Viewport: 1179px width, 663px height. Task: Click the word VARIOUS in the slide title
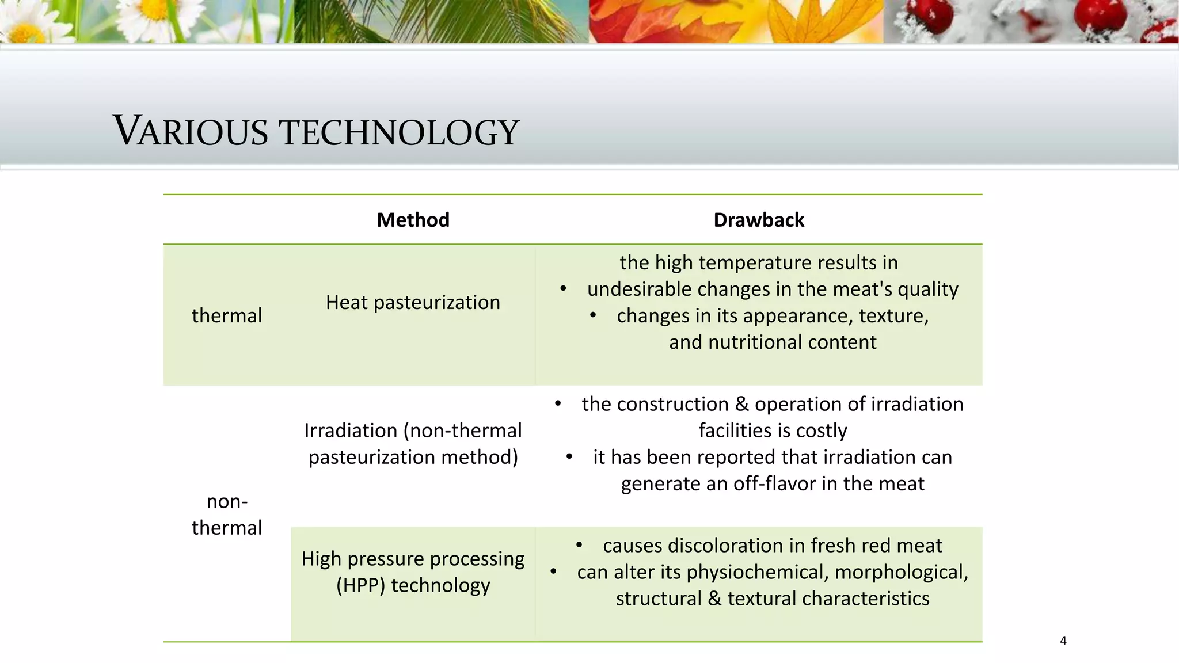[x=190, y=131]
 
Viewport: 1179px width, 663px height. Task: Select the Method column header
[x=413, y=220]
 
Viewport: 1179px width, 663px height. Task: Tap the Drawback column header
[x=758, y=220]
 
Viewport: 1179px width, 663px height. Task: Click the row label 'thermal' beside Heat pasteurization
[x=226, y=315]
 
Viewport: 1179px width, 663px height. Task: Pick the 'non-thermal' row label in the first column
[x=226, y=515]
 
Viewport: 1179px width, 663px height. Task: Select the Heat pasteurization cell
[x=413, y=302]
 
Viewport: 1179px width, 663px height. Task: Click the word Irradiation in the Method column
[x=351, y=430]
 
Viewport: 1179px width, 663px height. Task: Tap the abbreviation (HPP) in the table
[x=360, y=585]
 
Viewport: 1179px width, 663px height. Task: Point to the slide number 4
[x=1063, y=641]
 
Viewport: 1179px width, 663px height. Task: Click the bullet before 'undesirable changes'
[x=564, y=289]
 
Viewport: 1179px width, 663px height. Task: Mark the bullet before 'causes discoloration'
[x=579, y=545]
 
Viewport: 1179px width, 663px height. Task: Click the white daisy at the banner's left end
[x=23, y=20]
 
